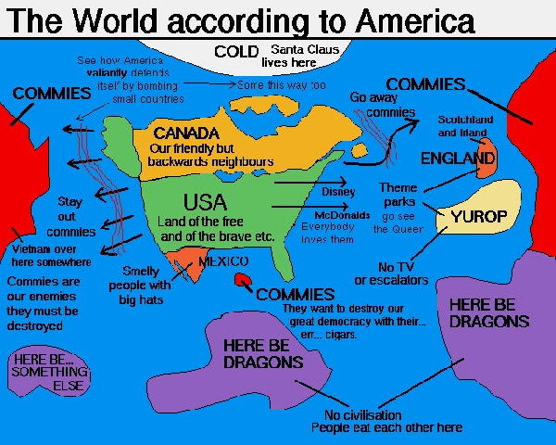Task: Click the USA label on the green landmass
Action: coord(205,201)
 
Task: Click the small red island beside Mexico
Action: coord(244,278)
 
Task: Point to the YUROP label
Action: coord(479,217)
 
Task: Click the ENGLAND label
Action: coord(458,159)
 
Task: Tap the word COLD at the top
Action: coord(235,51)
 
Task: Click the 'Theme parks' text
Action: coord(398,196)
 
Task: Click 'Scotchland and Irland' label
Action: coord(465,126)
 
